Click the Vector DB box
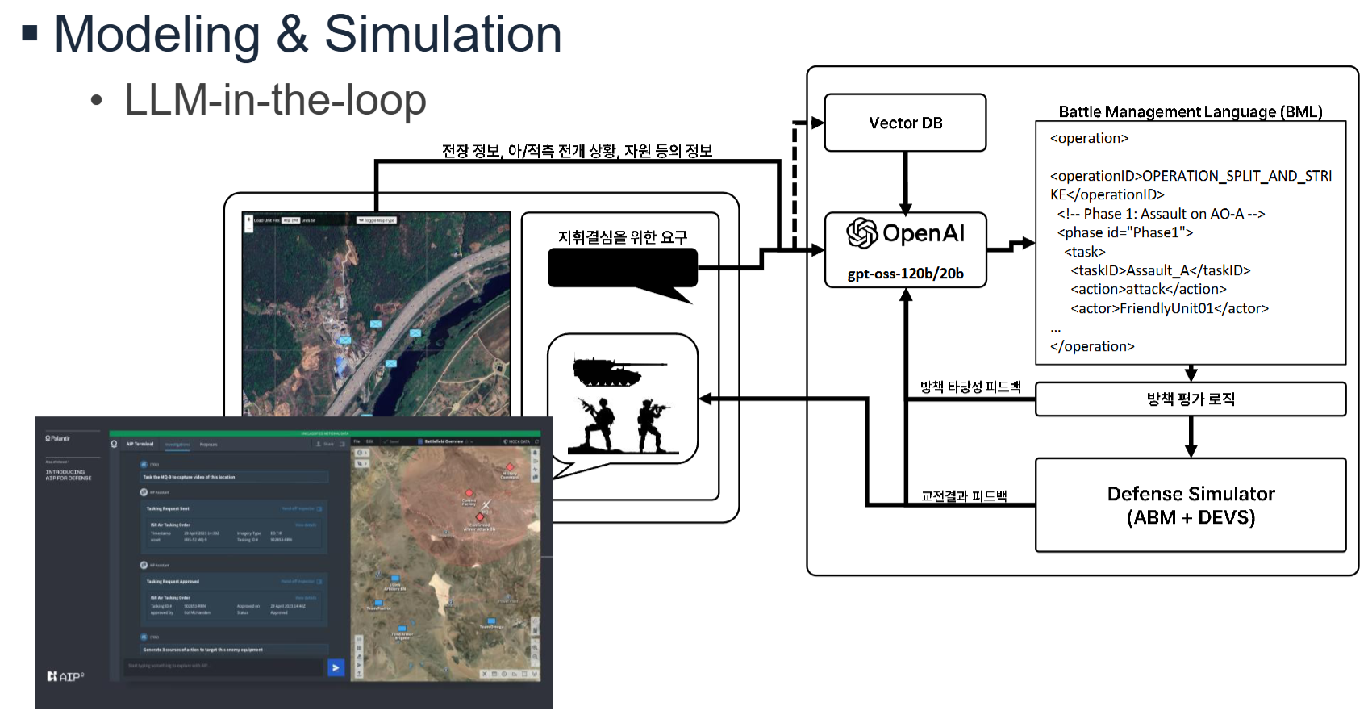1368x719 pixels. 905,123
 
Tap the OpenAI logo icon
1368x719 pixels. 861,233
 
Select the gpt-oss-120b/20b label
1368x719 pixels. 905,274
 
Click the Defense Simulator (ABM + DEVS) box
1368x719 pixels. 1191,505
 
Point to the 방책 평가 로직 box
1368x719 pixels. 1191,399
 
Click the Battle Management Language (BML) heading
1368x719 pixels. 1191,111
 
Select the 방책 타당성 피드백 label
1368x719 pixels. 970,387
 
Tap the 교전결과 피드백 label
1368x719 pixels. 964,496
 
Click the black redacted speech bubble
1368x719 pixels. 622,268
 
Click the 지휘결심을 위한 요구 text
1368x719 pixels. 622,237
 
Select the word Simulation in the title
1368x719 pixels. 443,35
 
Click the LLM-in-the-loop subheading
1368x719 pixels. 275,101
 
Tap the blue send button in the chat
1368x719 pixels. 336,667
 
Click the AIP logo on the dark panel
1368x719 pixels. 65,676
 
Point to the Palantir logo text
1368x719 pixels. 58,438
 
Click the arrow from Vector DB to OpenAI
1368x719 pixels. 906,182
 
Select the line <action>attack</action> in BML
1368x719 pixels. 1149,289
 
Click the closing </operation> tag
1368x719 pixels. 1092,346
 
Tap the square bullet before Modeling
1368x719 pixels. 30,33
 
